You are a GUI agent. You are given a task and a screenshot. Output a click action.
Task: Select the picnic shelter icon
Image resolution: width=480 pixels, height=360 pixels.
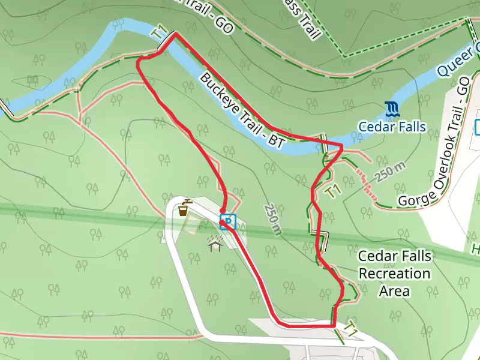pos(215,243)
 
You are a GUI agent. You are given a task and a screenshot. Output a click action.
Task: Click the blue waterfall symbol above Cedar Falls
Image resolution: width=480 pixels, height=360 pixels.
pos(392,109)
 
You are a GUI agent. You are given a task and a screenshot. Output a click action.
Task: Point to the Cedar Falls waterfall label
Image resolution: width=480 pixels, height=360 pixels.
pos(392,127)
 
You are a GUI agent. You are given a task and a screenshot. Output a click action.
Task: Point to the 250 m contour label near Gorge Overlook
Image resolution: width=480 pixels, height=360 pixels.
pos(392,173)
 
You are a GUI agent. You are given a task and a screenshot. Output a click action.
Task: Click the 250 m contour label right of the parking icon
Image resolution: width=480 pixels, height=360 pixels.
pos(272,218)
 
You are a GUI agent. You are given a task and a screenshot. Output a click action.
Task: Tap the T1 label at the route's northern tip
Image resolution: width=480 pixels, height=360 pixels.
pos(159,35)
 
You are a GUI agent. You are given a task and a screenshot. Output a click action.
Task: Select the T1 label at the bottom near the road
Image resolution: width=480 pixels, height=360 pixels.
pos(350,329)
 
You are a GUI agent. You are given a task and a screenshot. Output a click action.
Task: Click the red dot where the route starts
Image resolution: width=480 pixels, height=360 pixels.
pos(223,223)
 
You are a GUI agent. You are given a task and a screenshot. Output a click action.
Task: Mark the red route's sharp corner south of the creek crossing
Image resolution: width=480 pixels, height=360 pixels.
pos(341,146)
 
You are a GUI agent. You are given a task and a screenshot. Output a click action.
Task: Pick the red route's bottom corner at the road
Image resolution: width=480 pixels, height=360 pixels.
pos(333,325)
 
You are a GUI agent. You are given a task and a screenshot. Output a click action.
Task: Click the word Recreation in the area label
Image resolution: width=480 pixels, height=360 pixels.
pos(394,274)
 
